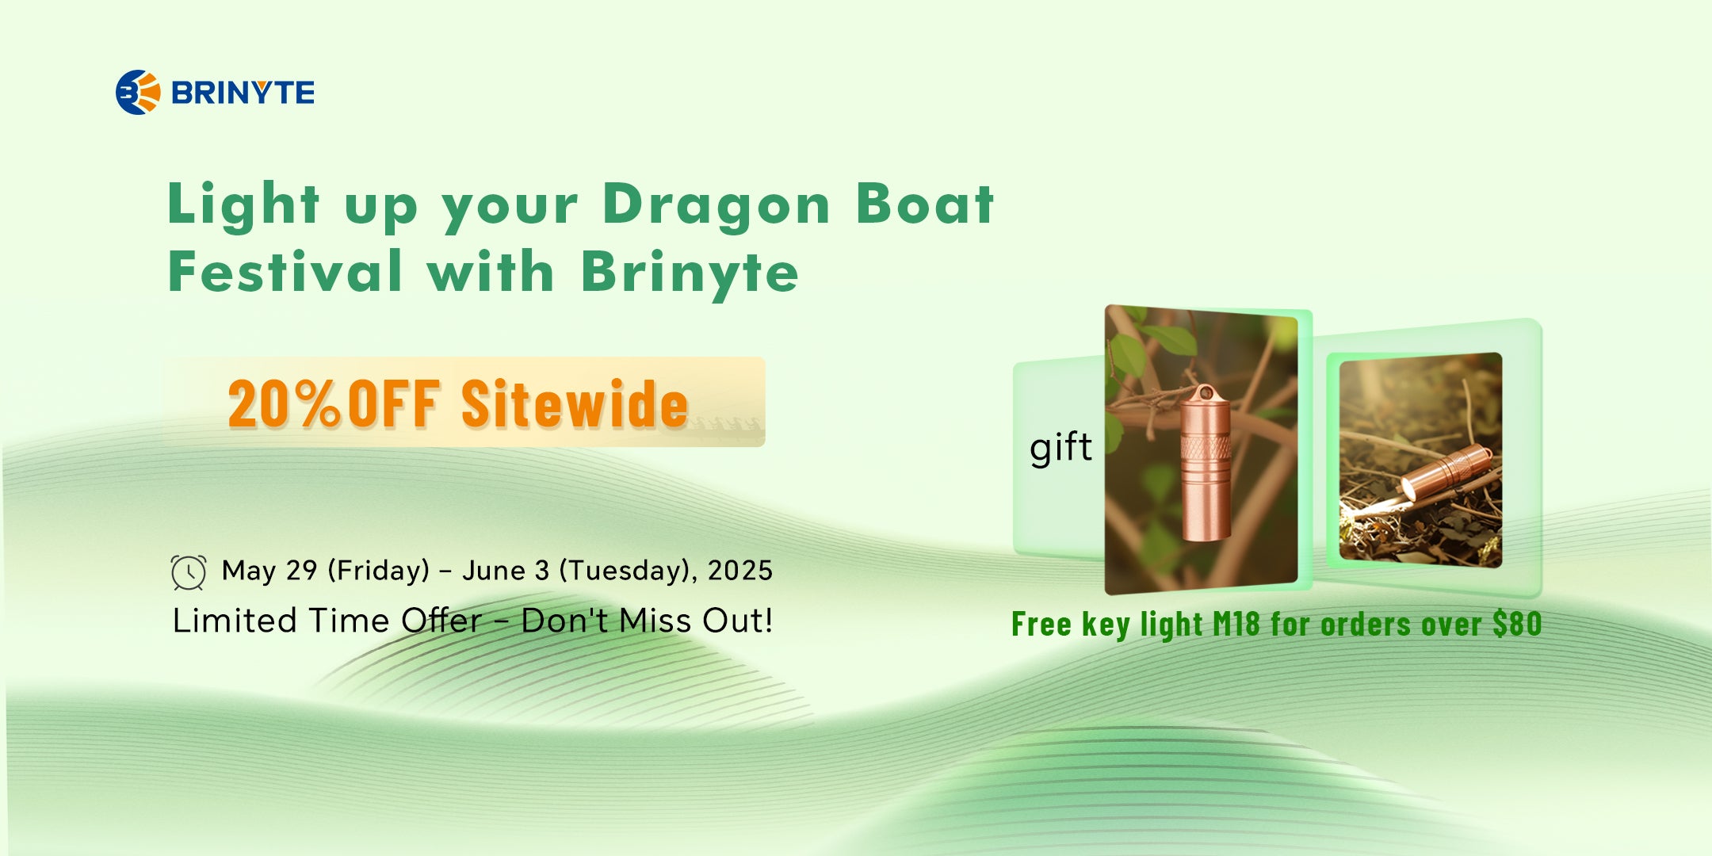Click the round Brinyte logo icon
click(x=138, y=92)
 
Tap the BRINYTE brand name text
click(x=243, y=93)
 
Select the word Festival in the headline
click(x=285, y=270)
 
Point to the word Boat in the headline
click(x=925, y=204)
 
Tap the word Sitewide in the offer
click(x=575, y=403)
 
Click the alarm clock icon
click(x=189, y=572)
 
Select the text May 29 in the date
click(x=269, y=570)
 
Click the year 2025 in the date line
click(x=740, y=571)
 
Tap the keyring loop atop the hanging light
click(x=1206, y=393)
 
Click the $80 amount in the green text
click(x=1517, y=624)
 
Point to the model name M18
click(x=1236, y=625)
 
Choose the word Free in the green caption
click(x=1041, y=625)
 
